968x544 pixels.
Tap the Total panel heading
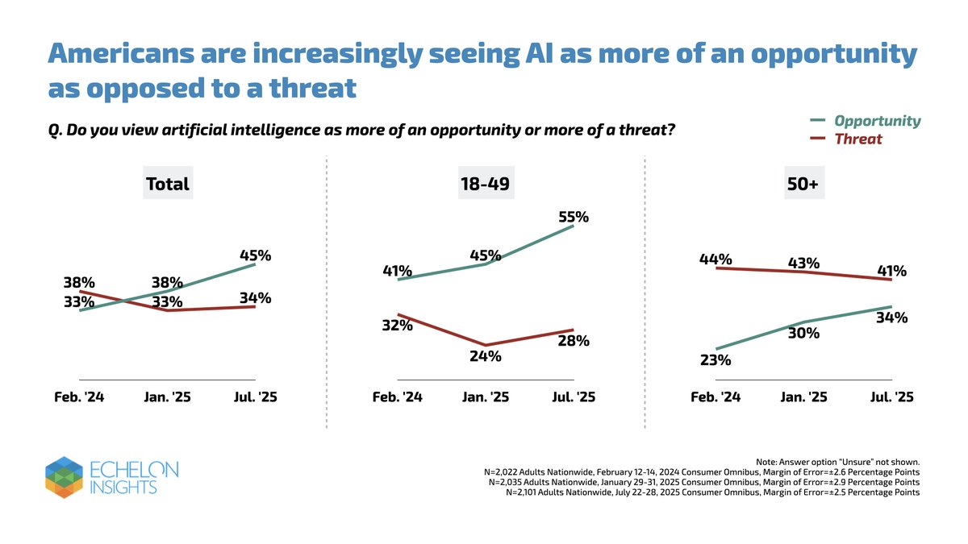(x=167, y=185)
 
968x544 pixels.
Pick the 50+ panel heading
(x=803, y=185)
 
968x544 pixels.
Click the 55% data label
(x=574, y=217)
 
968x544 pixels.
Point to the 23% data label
(x=715, y=360)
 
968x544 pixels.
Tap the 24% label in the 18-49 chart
(x=485, y=355)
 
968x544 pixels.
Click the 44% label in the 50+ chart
(x=716, y=259)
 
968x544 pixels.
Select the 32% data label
(x=397, y=326)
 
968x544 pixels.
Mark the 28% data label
(x=574, y=341)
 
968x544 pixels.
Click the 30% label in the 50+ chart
(x=803, y=333)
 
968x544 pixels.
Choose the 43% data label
(x=803, y=263)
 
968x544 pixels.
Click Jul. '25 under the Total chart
(x=255, y=397)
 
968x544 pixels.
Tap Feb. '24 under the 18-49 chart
(x=397, y=397)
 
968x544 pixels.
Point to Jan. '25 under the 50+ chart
(x=803, y=397)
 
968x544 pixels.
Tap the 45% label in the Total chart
(x=255, y=256)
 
